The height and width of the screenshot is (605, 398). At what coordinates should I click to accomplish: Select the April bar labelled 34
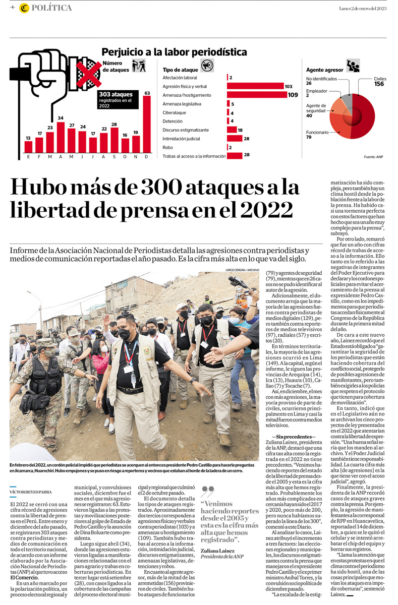click(61, 137)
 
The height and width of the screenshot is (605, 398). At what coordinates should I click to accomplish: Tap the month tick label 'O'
click(125, 156)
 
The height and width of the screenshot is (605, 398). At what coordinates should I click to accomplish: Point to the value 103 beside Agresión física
click(289, 87)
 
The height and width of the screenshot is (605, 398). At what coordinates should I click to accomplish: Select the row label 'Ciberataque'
click(175, 113)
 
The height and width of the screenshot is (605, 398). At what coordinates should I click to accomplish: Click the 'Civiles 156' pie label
click(379, 82)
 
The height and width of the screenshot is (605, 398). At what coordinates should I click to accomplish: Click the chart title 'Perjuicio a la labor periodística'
click(174, 52)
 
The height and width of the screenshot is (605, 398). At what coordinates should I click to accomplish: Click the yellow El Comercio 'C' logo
click(24, 8)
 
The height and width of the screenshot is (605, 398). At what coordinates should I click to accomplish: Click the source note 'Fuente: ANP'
click(373, 157)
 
